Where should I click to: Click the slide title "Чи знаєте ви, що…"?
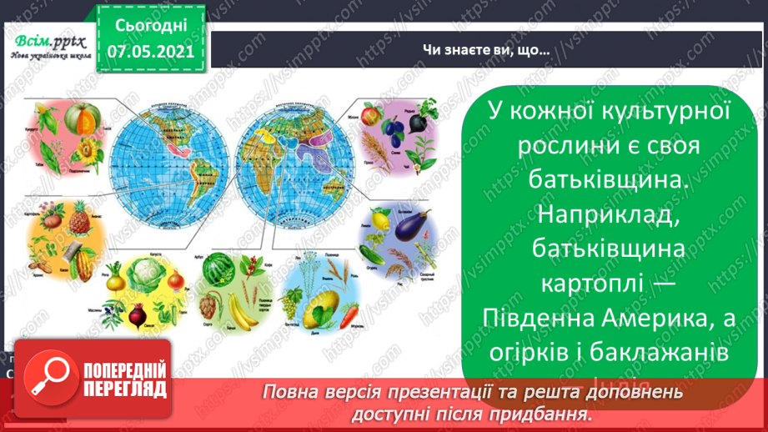(x=484, y=51)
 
